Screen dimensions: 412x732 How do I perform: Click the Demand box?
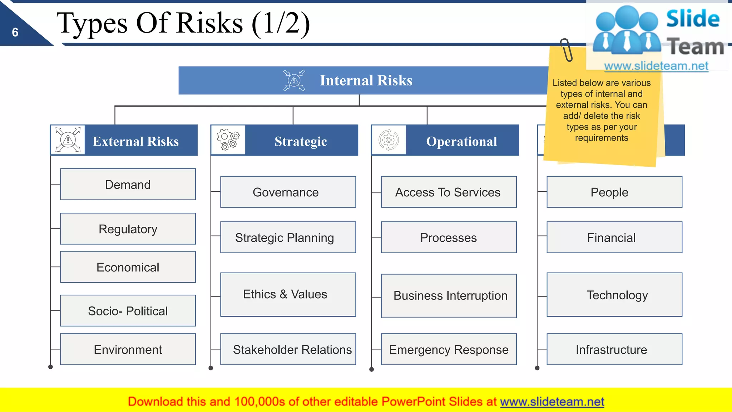click(x=128, y=185)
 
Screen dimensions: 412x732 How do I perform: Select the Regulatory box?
click(x=128, y=229)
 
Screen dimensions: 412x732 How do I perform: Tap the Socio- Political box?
click(x=128, y=311)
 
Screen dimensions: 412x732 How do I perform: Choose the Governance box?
click(x=288, y=192)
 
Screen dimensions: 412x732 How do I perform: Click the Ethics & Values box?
click(x=288, y=294)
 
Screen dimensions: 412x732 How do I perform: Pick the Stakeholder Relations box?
click(x=288, y=349)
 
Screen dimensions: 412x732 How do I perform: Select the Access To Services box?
click(x=448, y=192)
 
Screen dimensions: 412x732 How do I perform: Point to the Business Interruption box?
click(x=448, y=296)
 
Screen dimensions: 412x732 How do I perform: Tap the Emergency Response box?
click(x=448, y=349)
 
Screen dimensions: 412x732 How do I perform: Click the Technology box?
click(x=614, y=295)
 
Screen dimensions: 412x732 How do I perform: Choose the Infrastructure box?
click(x=614, y=349)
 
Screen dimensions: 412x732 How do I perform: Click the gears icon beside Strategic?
click(x=228, y=140)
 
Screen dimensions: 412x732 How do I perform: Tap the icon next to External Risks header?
click(x=68, y=140)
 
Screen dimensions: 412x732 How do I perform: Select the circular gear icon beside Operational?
click(x=389, y=140)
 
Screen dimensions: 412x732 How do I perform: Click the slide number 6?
click(x=15, y=33)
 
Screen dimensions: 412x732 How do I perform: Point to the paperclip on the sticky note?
click(x=566, y=50)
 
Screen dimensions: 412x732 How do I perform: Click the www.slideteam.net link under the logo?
click(x=656, y=66)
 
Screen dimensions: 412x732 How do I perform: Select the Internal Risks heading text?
click(x=366, y=80)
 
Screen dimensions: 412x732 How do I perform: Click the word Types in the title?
click(x=92, y=23)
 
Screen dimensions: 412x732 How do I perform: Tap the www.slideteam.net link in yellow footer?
click(x=552, y=402)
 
